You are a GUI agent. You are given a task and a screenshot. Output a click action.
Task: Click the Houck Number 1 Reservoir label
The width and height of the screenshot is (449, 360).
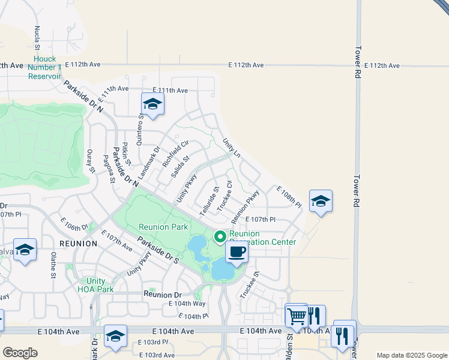point(44,68)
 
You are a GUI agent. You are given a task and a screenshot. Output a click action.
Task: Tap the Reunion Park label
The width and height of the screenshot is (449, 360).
point(163,227)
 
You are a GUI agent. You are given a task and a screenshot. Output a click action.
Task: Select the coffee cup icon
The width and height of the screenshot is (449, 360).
point(237,253)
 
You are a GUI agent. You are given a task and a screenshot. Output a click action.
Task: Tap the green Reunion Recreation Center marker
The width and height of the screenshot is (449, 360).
point(220,237)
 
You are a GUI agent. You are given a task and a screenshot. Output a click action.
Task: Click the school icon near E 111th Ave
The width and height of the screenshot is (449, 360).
point(152,105)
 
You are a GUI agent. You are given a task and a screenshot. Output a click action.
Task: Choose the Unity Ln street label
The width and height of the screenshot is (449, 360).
point(231,148)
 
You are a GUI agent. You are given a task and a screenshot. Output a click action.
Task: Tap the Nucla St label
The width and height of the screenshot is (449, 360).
point(37,37)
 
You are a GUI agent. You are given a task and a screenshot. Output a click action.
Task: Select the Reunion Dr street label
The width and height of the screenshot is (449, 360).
point(162,295)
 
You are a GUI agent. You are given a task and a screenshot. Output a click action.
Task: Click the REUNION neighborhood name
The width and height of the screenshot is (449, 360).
point(78,244)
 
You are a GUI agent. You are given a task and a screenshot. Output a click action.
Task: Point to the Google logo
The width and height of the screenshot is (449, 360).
point(20,353)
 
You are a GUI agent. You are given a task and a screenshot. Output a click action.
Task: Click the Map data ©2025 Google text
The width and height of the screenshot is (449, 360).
point(411,355)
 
